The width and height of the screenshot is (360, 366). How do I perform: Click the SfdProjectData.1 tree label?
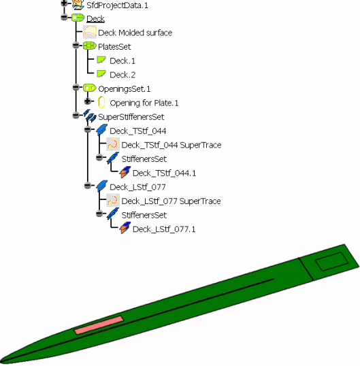[x=117, y=5]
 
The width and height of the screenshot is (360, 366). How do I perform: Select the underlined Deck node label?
[x=95, y=18]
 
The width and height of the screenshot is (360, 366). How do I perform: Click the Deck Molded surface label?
[x=135, y=33]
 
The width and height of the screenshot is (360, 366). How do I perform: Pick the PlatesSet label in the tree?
[x=114, y=47]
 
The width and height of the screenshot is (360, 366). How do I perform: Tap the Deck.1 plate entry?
[x=122, y=61]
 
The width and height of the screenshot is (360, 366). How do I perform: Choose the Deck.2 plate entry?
[x=122, y=75]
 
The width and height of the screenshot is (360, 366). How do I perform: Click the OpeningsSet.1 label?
[x=125, y=89]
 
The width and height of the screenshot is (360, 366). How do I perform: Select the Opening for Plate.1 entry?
[x=144, y=103]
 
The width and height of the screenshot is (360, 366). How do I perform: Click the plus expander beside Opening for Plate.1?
[x=88, y=101]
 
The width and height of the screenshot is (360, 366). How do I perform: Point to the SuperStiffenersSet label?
[x=131, y=117]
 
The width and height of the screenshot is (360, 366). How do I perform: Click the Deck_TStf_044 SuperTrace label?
[x=171, y=145]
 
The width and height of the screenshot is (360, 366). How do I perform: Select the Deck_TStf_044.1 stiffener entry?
[x=165, y=173]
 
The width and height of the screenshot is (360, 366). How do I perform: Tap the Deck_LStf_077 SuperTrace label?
[x=171, y=201]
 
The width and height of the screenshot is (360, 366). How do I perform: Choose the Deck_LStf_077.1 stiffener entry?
[x=164, y=229]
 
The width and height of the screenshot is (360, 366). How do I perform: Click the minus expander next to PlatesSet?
[x=76, y=45]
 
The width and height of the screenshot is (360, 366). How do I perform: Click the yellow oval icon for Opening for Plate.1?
[x=101, y=102]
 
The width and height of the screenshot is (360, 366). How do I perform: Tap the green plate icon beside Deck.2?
[x=101, y=73]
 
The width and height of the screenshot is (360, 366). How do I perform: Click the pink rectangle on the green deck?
[x=99, y=325]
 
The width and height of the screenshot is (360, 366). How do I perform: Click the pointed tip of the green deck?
[x=1, y=363]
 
